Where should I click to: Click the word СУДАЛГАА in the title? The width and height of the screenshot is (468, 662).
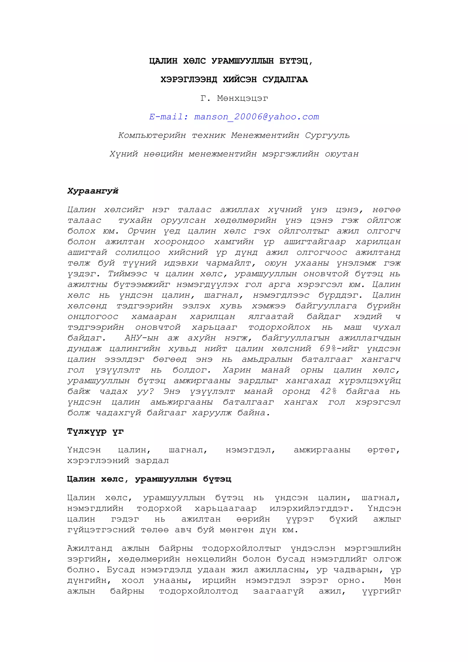285,79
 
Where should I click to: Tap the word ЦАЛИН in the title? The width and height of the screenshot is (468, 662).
163,61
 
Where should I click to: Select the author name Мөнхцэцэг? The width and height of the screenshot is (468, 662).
242,98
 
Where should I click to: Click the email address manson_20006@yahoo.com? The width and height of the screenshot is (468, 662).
256,117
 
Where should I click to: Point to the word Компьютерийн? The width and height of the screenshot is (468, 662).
152,135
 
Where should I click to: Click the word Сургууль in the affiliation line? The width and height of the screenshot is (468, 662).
327,135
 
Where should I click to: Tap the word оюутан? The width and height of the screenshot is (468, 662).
342,154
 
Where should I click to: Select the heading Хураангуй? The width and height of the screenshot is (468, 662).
93,191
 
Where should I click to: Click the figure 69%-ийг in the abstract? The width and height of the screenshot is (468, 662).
339,349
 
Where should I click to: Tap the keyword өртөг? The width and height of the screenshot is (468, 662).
383,450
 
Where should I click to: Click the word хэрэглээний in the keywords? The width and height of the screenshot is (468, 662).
98,461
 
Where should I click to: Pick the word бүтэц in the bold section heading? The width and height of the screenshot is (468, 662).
217,479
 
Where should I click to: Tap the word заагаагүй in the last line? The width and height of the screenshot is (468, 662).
278,591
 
